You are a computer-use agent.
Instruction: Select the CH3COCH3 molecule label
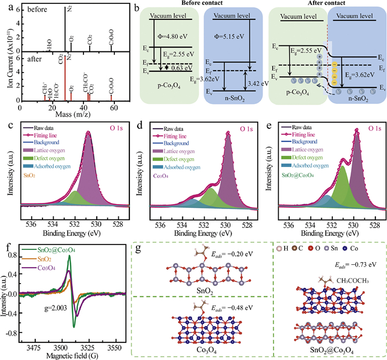coord(354,280)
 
